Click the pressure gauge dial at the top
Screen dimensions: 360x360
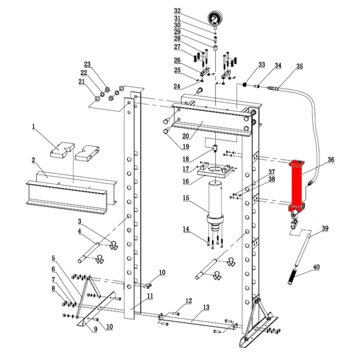tap(216, 18)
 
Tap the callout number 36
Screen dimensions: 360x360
tap(331, 160)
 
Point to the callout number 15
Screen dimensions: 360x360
tap(186, 198)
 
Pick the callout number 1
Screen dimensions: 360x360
tap(33, 126)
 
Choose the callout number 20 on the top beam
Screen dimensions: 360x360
tap(185, 136)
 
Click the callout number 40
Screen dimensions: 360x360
tap(316, 267)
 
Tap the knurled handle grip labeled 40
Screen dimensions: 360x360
tap(292, 277)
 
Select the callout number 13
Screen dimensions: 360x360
tap(206, 307)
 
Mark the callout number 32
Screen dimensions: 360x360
tap(177, 11)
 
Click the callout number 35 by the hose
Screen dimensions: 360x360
tap(299, 66)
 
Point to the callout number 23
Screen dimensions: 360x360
tap(87, 64)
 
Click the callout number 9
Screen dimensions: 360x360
tap(95, 329)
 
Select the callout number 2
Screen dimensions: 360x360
tap(33, 160)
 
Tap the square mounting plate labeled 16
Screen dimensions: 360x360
tap(216, 171)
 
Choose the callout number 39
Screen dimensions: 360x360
tap(325, 228)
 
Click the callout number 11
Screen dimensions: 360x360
tap(150, 296)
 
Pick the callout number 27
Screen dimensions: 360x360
tap(177, 47)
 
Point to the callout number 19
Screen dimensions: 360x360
tap(185, 147)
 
